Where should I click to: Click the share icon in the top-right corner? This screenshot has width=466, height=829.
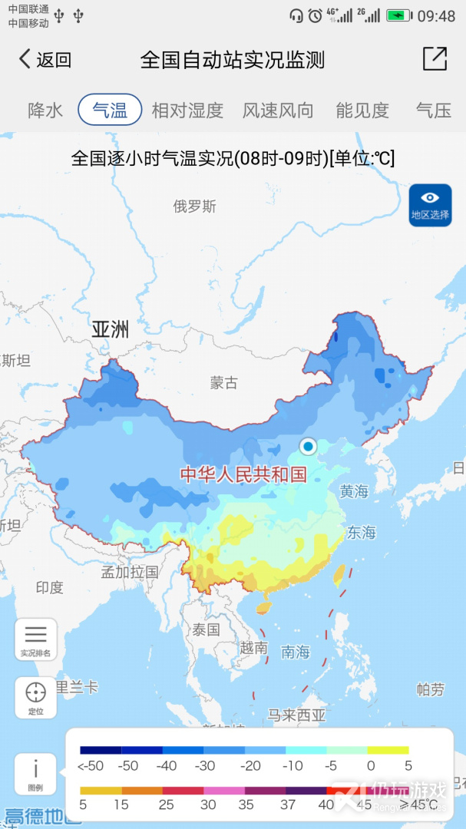point(435,59)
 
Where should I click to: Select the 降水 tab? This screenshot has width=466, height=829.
point(45,110)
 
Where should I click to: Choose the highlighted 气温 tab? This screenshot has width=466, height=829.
point(110,110)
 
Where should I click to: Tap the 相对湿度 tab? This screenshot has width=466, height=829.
point(187,110)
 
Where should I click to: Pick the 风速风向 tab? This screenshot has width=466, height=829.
point(278,110)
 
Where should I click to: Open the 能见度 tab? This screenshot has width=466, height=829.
point(362,110)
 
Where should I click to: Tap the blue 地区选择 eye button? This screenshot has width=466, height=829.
point(430,205)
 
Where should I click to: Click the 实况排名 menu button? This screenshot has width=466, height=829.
point(35,639)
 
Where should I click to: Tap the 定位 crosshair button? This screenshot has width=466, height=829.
point(35,697)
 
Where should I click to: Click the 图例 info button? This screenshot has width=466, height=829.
point(35,774)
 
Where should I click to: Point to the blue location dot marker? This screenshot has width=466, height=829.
point(308,446)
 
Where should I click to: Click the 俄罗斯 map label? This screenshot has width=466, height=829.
point(194,206)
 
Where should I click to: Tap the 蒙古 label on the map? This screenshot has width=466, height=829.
point(224,382)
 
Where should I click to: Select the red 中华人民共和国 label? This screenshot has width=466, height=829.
point(243,474)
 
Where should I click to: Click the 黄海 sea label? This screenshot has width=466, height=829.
point(354,491)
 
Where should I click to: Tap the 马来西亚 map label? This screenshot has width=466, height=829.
point(297,715)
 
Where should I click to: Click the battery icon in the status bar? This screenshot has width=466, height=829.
point(398,15)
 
